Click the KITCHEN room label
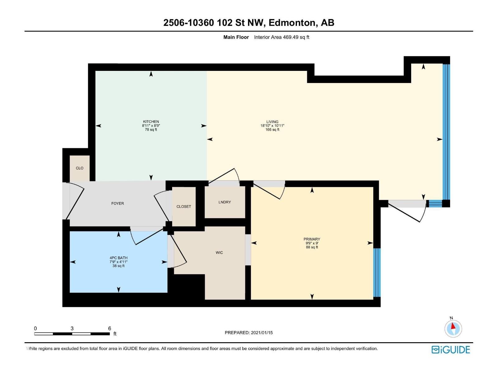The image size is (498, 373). pyautogui.click(x=151, y=122)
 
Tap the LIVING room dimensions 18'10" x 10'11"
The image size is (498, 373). pyautogui.click(x=272, y=126)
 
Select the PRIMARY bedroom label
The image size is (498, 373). pyautogui.click(x=312, y=239)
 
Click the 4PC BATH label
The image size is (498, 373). pyautogui.click(x=118, y=258)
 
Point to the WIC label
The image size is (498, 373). pyautogui.click(x=219, y=253)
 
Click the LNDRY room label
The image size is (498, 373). pyautogui.click(x=224, y=202)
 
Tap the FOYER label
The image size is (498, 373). pyautogui.click(x=117, y=203)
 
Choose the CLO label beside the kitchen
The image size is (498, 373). pyautogui.click(x=79, y=168)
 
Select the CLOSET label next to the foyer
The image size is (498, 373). pyautogui.click(x=184, y=206)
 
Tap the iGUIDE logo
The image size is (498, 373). pyautogui.click(x=450, y=350)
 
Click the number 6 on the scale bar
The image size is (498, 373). pyautogui.click(x=110, y=329)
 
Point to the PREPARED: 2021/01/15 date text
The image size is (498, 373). pyautogui.click(x=248, y=333)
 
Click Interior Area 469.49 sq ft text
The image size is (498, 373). pyautogui.click(x=281, y=37)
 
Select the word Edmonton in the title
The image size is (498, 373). pyautogui.click(x=292, y=23)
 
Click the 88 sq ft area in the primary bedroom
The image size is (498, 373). pyautogui.click(x=312, y=247)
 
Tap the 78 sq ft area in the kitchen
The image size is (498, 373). pyautogui.click(x=151, y=130)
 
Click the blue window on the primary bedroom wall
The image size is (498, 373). pyautogui.click(x=377, y=272)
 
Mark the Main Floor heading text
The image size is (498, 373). pyautogui.click(x=236, y=37)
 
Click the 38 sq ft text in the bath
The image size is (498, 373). pyautogui.click(x=118, y=266)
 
